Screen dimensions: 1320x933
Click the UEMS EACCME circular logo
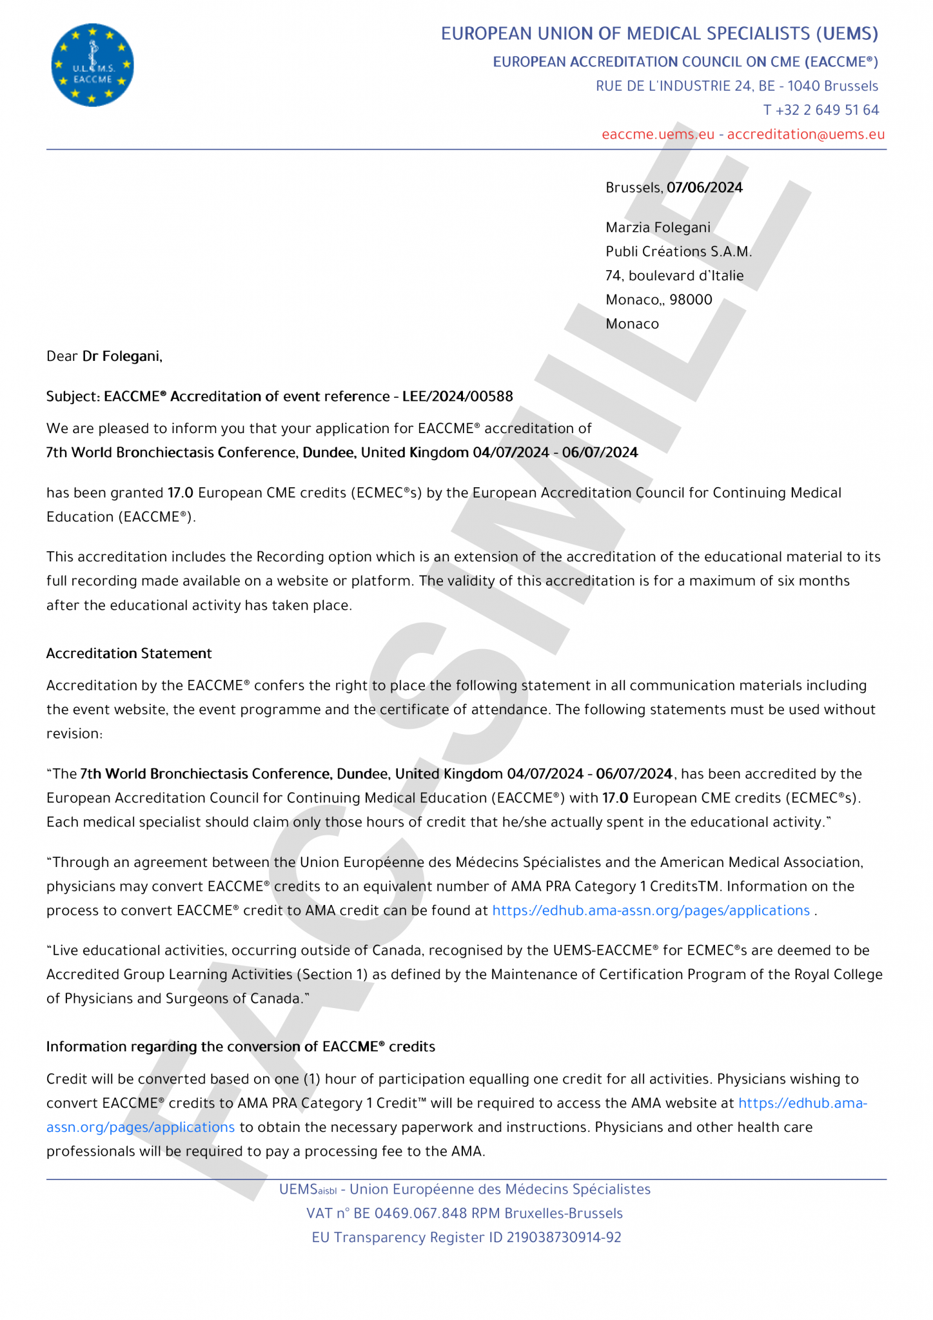click(92, 65)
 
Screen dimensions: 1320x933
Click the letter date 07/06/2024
click(704, 188)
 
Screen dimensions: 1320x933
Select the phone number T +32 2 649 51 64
click(820, 110)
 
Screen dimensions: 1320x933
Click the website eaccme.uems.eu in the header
click(658, 134)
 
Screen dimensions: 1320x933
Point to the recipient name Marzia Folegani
click(658, 228)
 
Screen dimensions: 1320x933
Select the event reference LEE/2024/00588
click(457, 396)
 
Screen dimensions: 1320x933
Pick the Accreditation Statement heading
click(129, 654)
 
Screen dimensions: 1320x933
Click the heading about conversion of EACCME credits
click(241, 1047)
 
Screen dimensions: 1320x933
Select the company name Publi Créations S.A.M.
click(678, 251)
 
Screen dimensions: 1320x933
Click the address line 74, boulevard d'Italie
click(674, 276)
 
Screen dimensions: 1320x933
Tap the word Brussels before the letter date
click(633, 188)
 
